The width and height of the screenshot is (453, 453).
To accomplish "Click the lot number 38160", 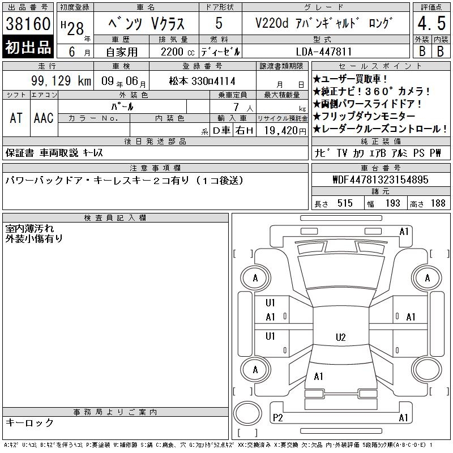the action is coord(28,23).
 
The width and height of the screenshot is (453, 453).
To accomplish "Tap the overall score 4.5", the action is coord(431,23).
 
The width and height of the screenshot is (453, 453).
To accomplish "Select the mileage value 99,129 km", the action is coord(61,80).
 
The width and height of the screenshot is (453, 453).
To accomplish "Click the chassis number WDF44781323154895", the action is coord(381,180).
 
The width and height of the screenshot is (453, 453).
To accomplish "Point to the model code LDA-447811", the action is coord(324,52).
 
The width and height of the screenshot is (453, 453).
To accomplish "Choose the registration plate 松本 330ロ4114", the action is coord(202,81).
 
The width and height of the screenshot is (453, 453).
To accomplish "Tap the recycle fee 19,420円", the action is coord(285,131).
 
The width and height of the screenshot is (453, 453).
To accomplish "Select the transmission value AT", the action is coord(16,118).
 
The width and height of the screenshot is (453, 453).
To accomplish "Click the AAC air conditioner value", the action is coord(44,118).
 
